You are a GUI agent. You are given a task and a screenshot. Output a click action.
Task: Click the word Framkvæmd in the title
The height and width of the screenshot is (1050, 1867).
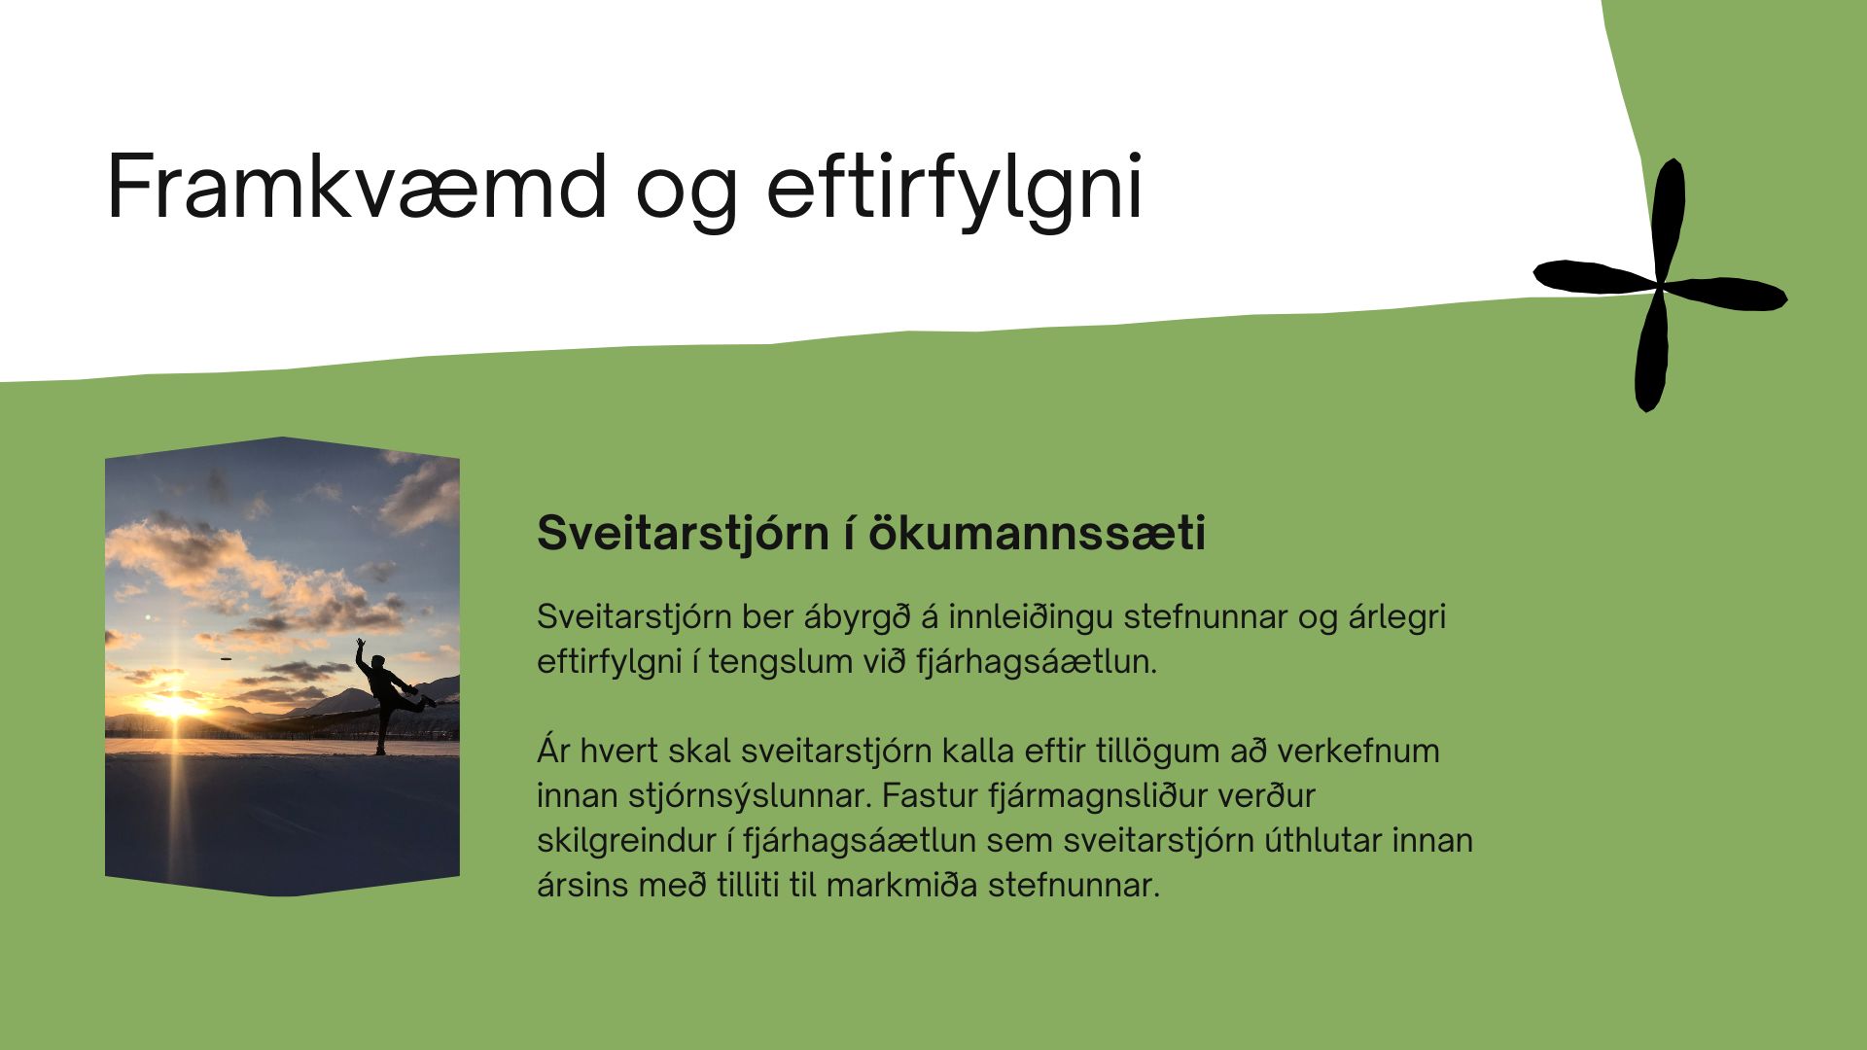point(357,186)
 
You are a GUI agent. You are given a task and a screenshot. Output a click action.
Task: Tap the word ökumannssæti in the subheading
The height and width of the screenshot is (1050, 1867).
point(1037,533)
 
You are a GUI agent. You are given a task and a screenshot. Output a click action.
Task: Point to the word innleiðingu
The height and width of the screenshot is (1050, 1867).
point(1032,618)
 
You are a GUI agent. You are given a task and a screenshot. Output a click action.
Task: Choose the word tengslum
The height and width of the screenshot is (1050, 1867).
point(770,663)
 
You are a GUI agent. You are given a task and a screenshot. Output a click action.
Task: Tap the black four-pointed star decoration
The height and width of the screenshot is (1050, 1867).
point(1660,285)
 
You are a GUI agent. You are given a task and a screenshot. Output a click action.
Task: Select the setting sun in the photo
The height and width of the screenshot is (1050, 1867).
point(174,706)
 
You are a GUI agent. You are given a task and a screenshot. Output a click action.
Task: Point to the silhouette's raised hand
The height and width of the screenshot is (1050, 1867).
point(360,644)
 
